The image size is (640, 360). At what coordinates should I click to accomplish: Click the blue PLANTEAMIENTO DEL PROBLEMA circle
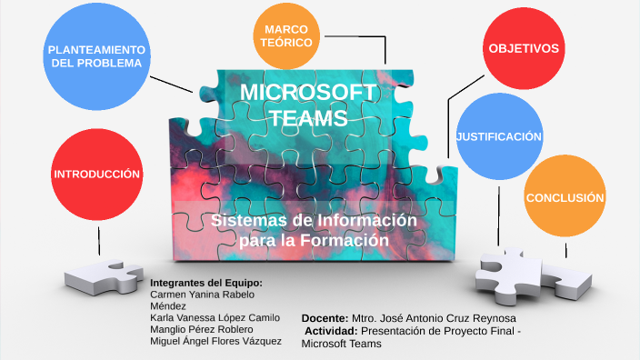click(x=95, y=55)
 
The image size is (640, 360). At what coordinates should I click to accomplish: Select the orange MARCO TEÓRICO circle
click(x=286, y=36)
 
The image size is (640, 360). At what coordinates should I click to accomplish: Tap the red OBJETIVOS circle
click(x=523, y=48)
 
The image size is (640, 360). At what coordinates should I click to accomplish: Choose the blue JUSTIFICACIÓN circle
click(x=499, y=136)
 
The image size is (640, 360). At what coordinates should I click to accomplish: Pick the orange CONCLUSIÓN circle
click(x=565, y=197)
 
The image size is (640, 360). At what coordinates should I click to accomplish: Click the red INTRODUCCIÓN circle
click(x=96, y=174)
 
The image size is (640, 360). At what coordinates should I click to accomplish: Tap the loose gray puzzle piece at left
click(x=102, y=275)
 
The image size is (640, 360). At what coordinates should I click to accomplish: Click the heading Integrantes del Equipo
click(x=205, y=282)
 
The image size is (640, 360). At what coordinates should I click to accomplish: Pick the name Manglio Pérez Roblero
click(x=201, y=328)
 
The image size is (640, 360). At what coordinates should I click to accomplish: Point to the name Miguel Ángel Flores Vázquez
click(x=215, y=340)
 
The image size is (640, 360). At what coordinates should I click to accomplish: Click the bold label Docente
click(x=325, y=319)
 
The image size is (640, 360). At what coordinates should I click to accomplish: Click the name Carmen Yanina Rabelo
click(x=201, y=294)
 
